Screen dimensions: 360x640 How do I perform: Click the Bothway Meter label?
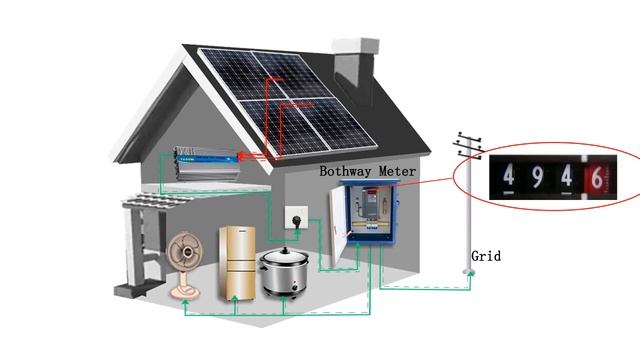[367, 172]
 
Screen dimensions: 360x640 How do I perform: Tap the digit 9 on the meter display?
[537, 180]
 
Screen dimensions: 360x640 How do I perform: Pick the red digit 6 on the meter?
[596, 180]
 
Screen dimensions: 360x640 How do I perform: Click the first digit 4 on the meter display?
[509, 180]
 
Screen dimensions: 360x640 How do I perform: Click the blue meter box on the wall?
[370, 215]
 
